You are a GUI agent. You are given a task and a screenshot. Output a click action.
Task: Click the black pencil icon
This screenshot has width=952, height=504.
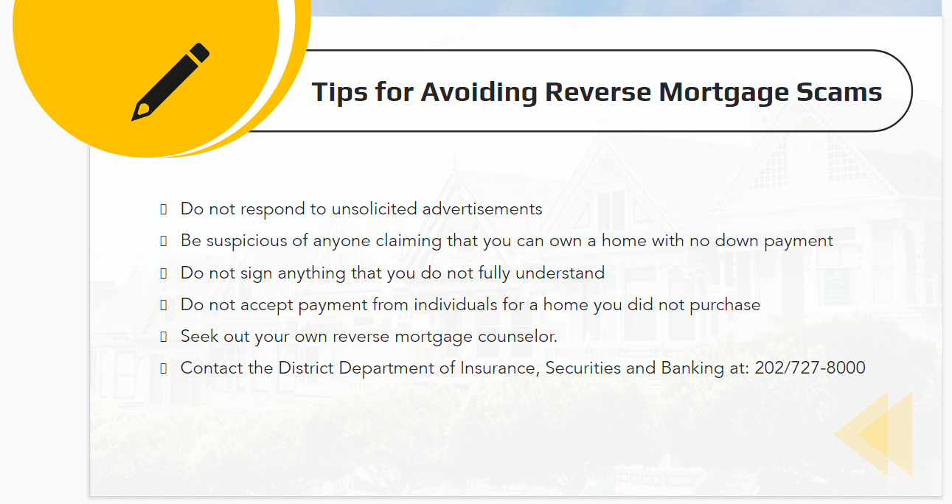click(170, 82)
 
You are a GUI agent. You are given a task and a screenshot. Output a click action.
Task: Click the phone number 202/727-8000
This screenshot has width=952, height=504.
click(810, 368)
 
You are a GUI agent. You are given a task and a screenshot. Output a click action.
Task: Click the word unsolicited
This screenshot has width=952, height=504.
click(375, 209)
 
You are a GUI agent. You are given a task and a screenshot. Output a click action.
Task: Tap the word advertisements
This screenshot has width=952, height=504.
click(482, 209)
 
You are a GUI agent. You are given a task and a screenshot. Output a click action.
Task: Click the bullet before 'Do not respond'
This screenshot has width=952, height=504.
click(163, 209)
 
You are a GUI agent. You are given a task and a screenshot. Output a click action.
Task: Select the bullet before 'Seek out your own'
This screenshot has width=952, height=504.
click(163, 337)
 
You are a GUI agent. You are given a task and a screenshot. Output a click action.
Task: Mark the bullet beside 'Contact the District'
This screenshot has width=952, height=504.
click(163, 368)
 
